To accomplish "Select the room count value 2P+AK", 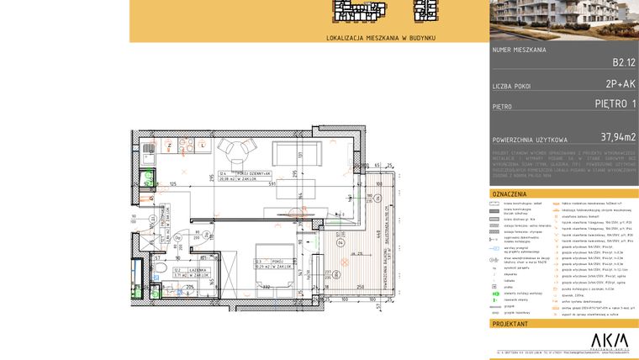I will click(620, 84).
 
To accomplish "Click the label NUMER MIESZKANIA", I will click(520, 50).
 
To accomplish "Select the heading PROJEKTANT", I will click(510, 323).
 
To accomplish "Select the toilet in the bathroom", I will click(160, 269).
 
